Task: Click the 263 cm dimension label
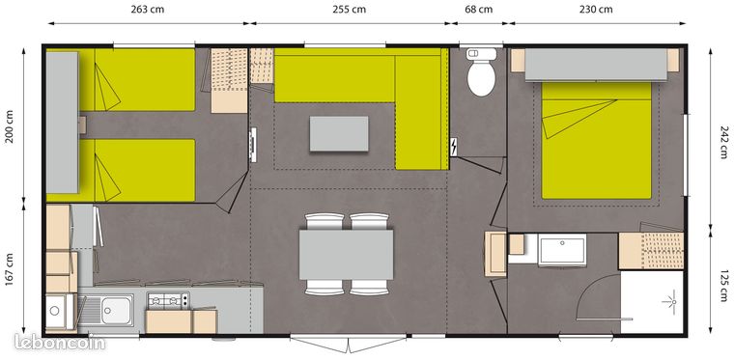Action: (148, 10)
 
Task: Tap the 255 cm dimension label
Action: (349, 10)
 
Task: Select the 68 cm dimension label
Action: (479, 10)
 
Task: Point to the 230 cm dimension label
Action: (596, 10)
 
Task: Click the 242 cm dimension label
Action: (723, 142)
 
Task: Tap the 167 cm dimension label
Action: (10, 270)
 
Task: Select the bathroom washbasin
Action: (562, 250)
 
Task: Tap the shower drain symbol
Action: (672, 302)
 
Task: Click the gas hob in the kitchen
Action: (168, 300)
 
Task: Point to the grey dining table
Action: (346, 255)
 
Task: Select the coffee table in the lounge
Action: (339, 134)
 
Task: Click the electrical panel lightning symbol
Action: (454, 148)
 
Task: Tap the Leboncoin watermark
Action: (60, 343)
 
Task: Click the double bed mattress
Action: (597, 140)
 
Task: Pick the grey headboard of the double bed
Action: (596, 65)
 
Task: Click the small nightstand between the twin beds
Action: (82, 125)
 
